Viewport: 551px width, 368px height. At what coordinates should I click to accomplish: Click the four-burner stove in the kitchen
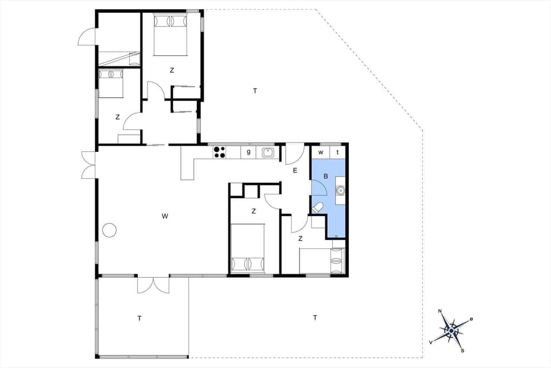point(219,152)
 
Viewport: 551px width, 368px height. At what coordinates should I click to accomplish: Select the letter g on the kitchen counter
point(249,152)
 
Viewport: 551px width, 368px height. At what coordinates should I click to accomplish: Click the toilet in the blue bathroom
point(317,207)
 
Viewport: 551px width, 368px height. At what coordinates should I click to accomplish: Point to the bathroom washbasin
point(340,190)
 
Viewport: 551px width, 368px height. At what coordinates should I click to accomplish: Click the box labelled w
point(321,152)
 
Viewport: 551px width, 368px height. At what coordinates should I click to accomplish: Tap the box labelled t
point(337,152)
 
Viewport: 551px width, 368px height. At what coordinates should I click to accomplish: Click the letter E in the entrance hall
point(295,171)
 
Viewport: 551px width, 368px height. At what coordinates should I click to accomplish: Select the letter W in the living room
point(165,216)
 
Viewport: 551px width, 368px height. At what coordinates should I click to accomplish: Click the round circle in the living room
point(109,230)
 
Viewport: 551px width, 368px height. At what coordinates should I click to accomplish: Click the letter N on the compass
point(440,312)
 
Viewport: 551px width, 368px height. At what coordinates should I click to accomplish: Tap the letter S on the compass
point(463,350)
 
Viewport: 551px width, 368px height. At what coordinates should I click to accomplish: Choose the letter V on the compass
point(431,342)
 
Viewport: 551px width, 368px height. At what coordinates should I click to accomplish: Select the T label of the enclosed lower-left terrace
point(139,317)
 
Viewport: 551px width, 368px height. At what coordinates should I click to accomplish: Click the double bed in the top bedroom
point(171,34)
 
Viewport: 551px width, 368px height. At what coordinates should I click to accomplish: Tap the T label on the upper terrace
point(255,90)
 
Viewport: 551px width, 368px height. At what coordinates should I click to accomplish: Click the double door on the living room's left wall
point(87,164)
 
